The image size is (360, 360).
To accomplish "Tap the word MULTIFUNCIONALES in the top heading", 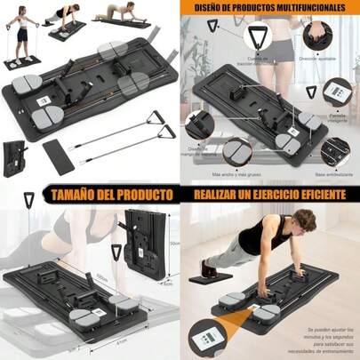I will pyautogui.click(x=308, y=9).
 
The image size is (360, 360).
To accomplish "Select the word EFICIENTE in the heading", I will pyautogui.click(x=321, y=193).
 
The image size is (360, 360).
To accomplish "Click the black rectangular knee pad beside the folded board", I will pyautogui.click(x=58, y=161).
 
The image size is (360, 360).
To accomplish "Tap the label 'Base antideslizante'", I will pyautogui.click(x=327, y=126).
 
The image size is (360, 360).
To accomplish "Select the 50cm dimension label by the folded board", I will pyautogui.click(x=175, y=242).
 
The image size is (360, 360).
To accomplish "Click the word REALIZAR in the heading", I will pyautogui.click(x=218, y=193).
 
